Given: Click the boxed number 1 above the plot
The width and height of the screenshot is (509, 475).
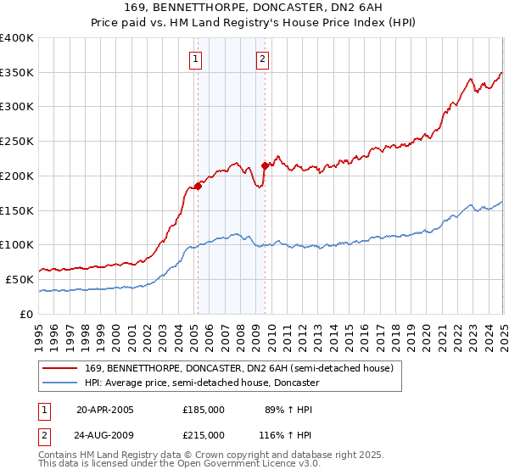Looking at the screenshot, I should pos(196,59).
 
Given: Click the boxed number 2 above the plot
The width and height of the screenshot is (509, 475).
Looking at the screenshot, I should pos(263,59).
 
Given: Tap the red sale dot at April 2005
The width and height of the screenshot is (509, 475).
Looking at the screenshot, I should pos(198,186).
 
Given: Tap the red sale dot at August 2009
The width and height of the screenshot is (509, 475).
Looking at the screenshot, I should pos(265,165).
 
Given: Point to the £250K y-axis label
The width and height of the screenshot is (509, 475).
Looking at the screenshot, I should pos(18,142).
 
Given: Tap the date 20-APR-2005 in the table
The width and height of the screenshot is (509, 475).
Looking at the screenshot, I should pos(105,410).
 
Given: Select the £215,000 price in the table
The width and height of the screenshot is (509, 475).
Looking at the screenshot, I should pos(204,435).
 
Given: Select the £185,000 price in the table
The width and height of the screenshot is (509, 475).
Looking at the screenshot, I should pos(204,410).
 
